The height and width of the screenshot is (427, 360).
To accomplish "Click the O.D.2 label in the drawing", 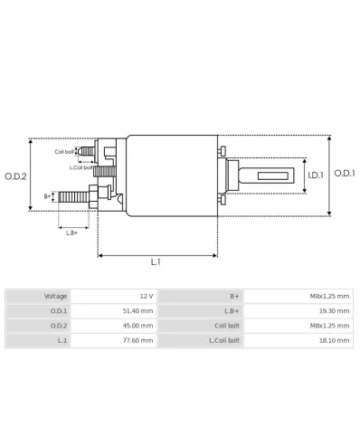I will pos(16,176).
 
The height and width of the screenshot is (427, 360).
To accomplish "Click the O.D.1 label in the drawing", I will pos(345,173).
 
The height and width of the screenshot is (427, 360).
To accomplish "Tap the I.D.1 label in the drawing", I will pos(315,176).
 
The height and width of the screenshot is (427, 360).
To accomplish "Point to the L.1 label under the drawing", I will pos(156,261).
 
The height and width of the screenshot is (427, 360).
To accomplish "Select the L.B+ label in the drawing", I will pos(71,232).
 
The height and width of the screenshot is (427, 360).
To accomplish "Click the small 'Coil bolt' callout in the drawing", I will pos(64,152).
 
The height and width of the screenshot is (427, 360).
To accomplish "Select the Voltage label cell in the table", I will pos(56,296).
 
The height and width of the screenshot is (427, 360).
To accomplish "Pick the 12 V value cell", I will pos(146,296).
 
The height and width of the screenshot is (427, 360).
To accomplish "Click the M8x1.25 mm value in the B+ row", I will pos(330,296).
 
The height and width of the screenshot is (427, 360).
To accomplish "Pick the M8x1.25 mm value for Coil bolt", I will pos(330,326).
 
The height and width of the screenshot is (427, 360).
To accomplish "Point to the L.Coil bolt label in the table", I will pos(225,341).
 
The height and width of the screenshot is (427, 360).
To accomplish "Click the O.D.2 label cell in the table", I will pos(59,326).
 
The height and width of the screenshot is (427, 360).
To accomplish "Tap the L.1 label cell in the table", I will pos(62,341).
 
